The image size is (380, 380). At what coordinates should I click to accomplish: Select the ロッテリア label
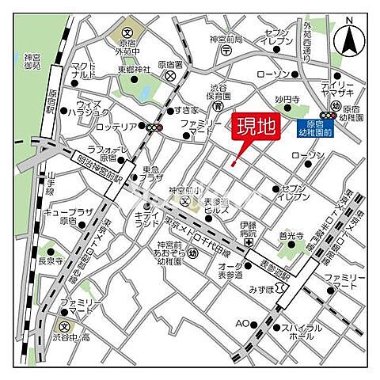point(117,127)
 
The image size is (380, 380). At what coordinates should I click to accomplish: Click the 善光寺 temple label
point(291,236)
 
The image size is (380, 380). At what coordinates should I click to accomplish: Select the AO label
point(242,323)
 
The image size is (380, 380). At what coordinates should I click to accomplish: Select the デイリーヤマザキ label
point(342,89)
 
